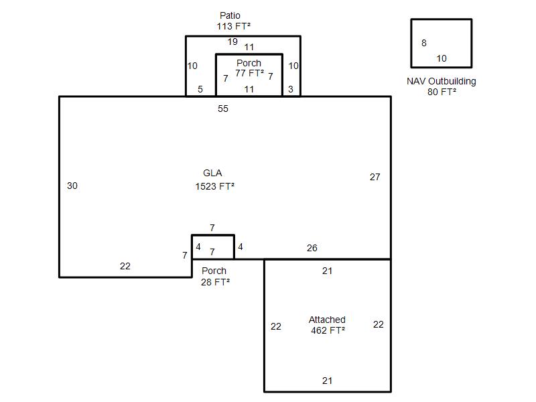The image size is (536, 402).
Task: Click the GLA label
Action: [x=212, y=173]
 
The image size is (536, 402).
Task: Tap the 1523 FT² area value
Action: [x=214, y=186]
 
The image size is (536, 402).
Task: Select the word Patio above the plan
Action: [x=230, y=15]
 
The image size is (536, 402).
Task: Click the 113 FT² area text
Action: [x=233, y=26]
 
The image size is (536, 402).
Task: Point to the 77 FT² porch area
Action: [x=249, y=73]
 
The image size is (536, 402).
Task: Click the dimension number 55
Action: [x=223, y=109]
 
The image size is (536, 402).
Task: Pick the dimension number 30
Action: [x=72, y=186]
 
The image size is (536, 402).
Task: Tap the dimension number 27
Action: [x=375, y=177]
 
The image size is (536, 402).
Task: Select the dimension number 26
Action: [x=312, y=248]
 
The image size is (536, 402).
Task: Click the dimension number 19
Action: [x=232, y=42]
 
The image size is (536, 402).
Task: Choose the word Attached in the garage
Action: [x=327, y=320]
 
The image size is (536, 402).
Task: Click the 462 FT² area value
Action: [x=328, y=330]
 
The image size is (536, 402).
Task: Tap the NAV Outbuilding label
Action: [x=442, y=81]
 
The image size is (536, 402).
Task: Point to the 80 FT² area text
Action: [x=442, y=92]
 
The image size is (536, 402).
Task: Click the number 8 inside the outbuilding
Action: [x=424, y=43]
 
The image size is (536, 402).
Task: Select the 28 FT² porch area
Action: [x=215, y=282]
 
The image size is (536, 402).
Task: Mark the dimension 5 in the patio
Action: [x=200, y=89]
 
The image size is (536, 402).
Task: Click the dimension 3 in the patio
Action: [x=291, y=89]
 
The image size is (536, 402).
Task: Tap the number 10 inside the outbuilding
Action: [x=442, y=58]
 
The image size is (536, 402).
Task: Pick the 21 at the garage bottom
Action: [x=327, y=381]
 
